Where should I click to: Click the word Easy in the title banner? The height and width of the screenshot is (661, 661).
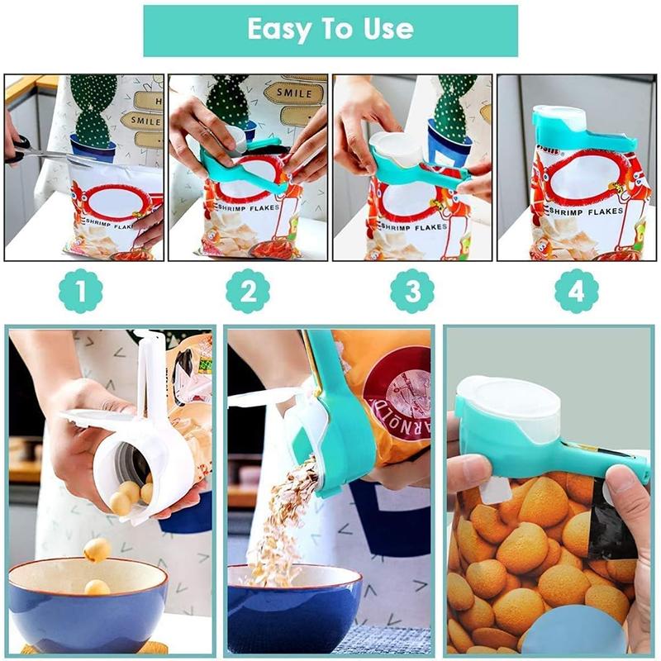(x=278, y=31)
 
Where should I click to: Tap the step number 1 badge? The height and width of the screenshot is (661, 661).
(x=80, y=292)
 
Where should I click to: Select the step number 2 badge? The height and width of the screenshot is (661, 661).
(x=248, y=292)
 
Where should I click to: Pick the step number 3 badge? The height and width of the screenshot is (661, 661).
(x=412, y=292)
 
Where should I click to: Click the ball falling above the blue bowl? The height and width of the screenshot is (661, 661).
(x=97, y=550)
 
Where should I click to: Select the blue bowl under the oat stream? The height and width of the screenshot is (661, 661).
(x=293, y=607)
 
